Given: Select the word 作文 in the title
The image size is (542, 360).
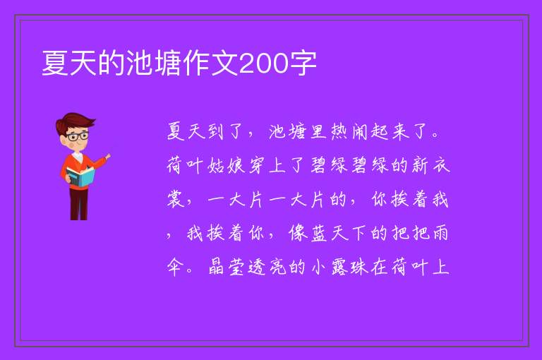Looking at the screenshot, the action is [210, 64].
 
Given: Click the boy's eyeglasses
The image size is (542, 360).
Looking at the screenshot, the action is [78, 136].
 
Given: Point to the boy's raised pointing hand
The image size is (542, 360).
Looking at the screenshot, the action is [107, 157].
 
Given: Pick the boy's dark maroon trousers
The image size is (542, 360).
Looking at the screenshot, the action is [78, 204].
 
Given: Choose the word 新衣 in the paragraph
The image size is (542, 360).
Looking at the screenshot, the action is [431, 165].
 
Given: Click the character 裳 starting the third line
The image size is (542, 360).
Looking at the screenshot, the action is [176, 199].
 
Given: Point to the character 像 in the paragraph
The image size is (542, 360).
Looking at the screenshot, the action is [298, 233].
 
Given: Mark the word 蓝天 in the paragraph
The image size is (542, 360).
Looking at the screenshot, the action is [328, 233].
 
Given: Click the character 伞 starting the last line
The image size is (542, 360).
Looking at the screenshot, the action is [175, 267].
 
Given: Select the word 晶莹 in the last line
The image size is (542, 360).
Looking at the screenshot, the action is [227, 267].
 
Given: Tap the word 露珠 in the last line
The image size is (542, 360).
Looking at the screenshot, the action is [350, 267].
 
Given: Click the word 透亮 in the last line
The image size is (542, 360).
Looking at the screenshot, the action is [267, 267].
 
